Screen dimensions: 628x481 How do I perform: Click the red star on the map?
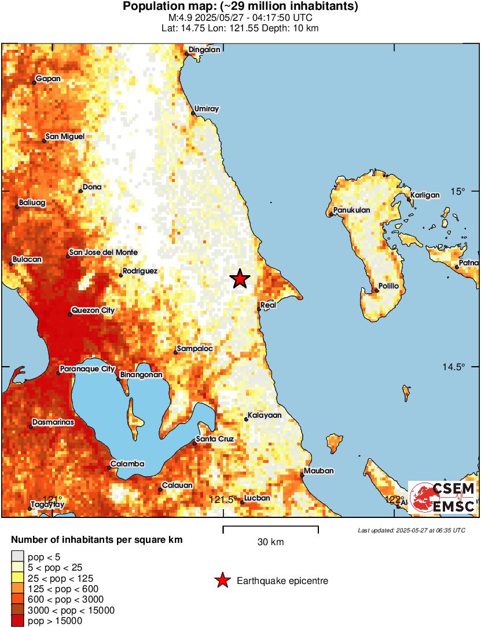coord(240,279)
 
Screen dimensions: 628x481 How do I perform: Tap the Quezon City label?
coord(93,311)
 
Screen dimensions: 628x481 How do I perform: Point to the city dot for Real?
coord(259,310)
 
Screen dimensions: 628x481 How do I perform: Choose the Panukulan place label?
coord(352,210)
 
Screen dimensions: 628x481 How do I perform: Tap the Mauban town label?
coord(319,471)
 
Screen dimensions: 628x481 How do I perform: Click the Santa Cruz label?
coord(215,439)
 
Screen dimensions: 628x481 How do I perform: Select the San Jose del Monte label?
coord(103,253)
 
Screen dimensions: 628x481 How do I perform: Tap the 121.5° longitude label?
coord(223,499)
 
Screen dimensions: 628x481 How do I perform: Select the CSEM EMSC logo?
coord(443,497)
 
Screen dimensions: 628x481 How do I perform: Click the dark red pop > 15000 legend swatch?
coord(18,621)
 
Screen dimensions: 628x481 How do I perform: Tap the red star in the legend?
coord(222,580)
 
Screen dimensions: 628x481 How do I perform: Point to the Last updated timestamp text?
coord(412,530)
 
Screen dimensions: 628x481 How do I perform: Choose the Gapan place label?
coord(48,79)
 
